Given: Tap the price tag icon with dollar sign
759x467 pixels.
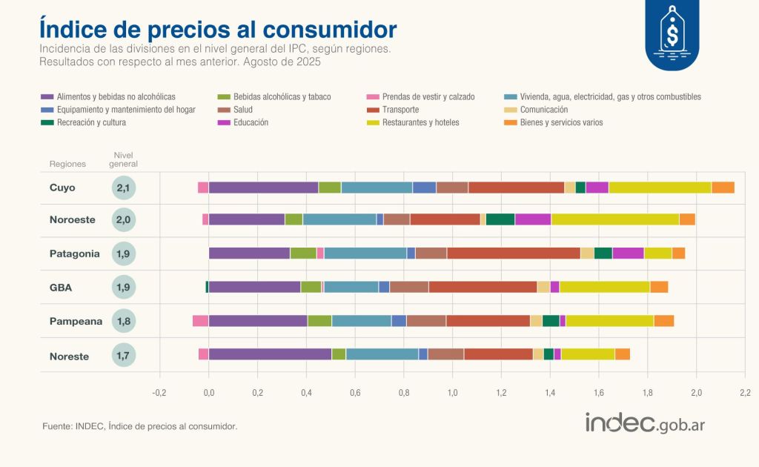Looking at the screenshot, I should coord(672,33).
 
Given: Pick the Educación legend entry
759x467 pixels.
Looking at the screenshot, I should coord(251,122).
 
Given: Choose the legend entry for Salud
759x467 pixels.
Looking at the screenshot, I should coord(242,110).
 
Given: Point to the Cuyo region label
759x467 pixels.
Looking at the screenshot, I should coord(62,188).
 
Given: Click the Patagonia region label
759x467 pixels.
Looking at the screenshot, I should coord(74,254).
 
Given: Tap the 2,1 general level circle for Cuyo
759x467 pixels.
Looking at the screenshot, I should coord(124,188).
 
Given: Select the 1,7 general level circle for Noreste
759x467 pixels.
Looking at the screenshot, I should coord(124,356).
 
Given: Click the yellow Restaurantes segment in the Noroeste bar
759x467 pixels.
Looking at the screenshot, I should coord(615,219).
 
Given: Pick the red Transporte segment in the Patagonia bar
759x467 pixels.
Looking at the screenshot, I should coord(513,254).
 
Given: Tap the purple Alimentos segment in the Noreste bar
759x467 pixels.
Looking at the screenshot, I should coord(270,354).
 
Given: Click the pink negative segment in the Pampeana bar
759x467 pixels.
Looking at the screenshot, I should coord(200,321).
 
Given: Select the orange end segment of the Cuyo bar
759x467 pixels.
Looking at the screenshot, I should coord(723,188).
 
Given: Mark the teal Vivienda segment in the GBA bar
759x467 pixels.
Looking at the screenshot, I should coord(351,287).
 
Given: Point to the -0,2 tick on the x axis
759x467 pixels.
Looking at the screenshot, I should coord(159,392).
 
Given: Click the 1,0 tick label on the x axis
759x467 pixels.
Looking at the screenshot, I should coord(452,392).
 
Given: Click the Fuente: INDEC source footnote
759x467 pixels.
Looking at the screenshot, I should coord(140,426).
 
